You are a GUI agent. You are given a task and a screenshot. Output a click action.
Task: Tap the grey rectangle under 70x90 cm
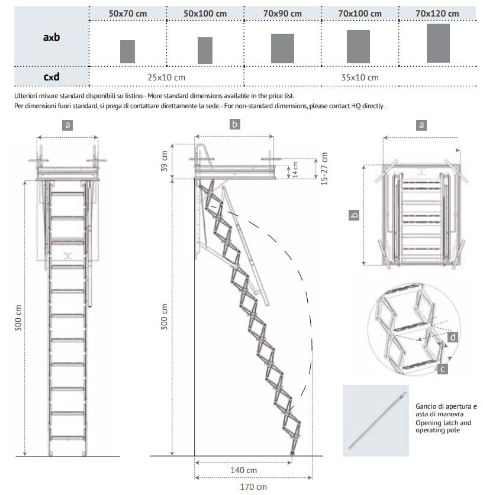(282, 48)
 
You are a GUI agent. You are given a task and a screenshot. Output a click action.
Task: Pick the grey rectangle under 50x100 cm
(205, 50)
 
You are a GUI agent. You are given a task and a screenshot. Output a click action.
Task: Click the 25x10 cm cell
(166, 77)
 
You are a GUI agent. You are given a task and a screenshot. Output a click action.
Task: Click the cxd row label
(51, 77)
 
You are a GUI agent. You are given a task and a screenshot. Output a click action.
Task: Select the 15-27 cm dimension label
(324, 169)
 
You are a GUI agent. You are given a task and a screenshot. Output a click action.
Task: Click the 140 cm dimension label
(244, 471)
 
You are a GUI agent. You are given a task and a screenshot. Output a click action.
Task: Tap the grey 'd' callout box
(452, 337)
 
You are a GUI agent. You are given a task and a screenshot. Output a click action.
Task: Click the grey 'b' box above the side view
(234, 124)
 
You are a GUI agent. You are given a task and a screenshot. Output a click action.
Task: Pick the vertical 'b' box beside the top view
(354, 215)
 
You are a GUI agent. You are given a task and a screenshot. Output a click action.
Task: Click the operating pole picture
(375, 420)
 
